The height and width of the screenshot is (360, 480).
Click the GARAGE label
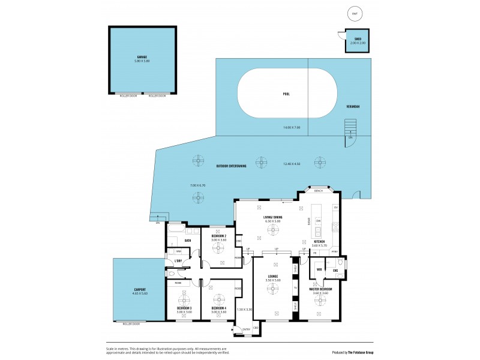(x=142, y=58)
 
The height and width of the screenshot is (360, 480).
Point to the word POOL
(x=287, y=94)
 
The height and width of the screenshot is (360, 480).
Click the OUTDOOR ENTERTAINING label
(x=231, y=165)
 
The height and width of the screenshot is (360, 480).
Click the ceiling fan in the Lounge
(x=273, y=289)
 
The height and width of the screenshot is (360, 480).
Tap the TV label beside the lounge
(x=295, y=288)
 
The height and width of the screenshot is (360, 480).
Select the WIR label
(x=319, y=270)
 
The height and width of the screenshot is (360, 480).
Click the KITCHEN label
(x=319, y=241)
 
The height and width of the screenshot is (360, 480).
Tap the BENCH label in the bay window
(x=319, y=191)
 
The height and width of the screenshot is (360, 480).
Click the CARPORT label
(x=140, y=291)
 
